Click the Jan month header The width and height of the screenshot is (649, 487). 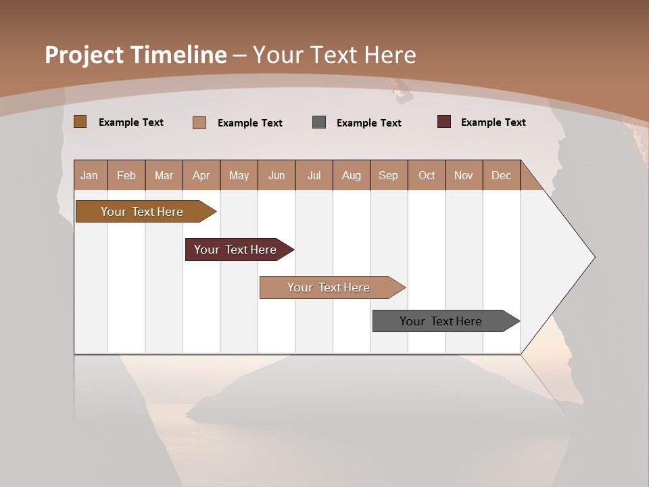[89, 175]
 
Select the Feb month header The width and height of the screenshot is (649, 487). [126, 175]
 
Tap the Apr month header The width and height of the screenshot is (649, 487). [201, 175]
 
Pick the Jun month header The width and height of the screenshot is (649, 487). [277, 175]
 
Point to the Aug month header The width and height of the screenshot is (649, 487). [351, 175]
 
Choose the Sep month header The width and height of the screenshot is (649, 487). [388, 175]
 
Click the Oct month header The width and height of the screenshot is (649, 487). [427, 175]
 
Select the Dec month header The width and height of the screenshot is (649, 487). [501, 175]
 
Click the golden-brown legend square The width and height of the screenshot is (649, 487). [80, 122]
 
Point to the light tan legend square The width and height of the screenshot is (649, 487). [199, 122]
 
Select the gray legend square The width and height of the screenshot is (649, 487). [319, 122]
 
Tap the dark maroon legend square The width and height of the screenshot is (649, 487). [444, 122]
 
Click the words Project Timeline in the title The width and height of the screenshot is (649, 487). [136, 55]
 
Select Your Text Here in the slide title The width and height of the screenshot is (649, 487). [334, 55]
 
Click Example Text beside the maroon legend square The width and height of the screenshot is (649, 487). [493, 122]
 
